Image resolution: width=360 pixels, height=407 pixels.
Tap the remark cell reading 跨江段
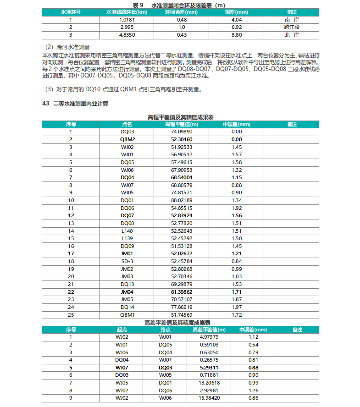292,27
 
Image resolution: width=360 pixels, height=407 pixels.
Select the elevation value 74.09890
182,132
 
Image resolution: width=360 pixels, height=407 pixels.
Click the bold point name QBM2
127,139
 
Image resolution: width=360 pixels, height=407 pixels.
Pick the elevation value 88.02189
182,200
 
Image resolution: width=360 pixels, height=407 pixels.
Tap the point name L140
127,231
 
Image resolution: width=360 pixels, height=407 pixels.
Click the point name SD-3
127,262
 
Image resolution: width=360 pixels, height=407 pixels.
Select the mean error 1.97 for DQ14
236,307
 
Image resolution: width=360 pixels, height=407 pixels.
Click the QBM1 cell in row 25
127,315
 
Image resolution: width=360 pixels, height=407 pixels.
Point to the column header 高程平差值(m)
182,124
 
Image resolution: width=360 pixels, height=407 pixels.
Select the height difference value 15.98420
209,398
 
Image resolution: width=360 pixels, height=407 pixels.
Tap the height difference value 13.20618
209,382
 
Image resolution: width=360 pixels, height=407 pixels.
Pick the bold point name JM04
127,292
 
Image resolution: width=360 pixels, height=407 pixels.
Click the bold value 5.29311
209,367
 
